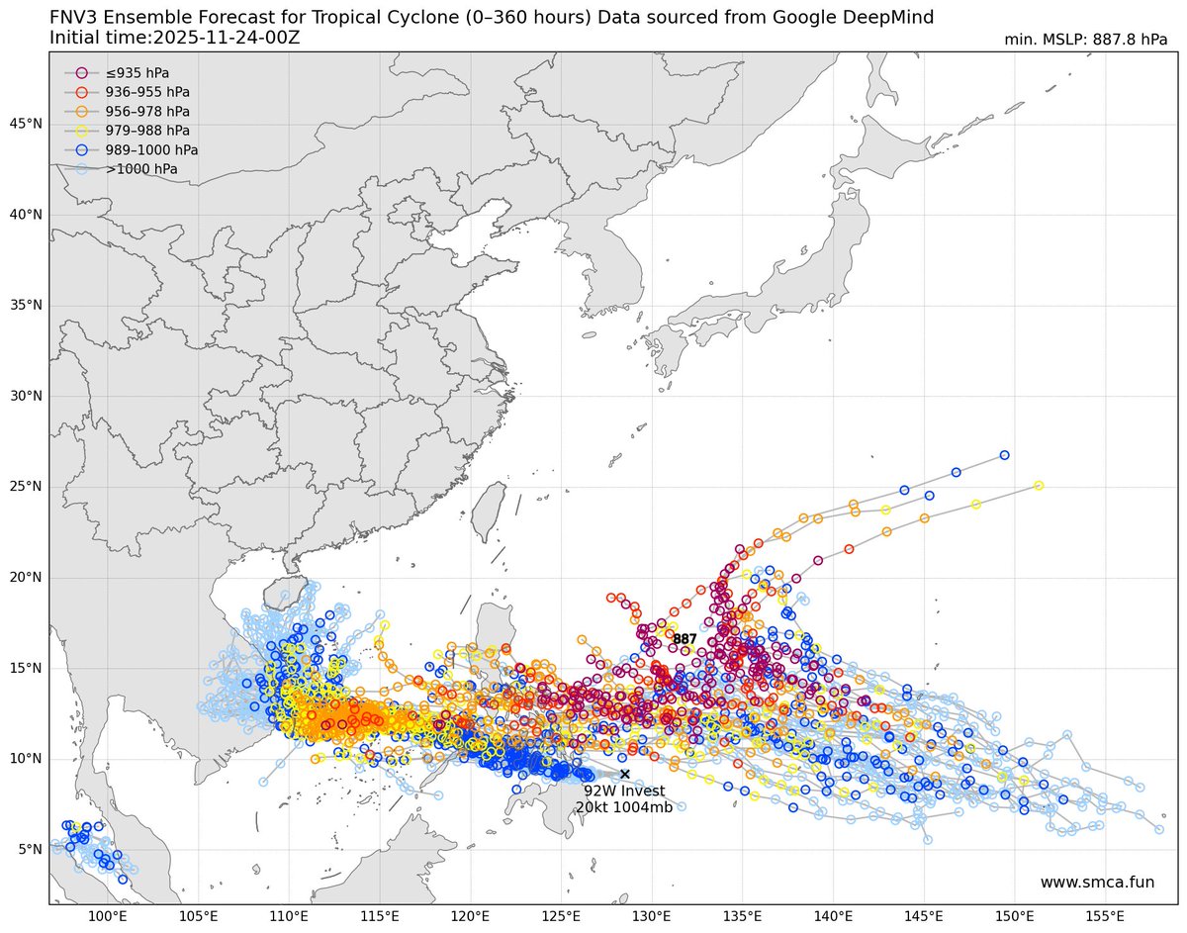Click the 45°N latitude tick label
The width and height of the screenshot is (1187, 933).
pyautogui.click(x=26, y=124)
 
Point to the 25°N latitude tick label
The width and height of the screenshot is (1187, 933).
pyautogui.click(x=26, y=487)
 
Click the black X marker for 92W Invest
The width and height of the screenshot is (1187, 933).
pyautogui.click(x=624, y=774)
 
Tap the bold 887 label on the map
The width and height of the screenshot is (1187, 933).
pyautogui.click(x=685, y=639)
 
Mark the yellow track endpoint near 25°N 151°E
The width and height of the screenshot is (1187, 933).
pyautogui.click(x=1039, y=486)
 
